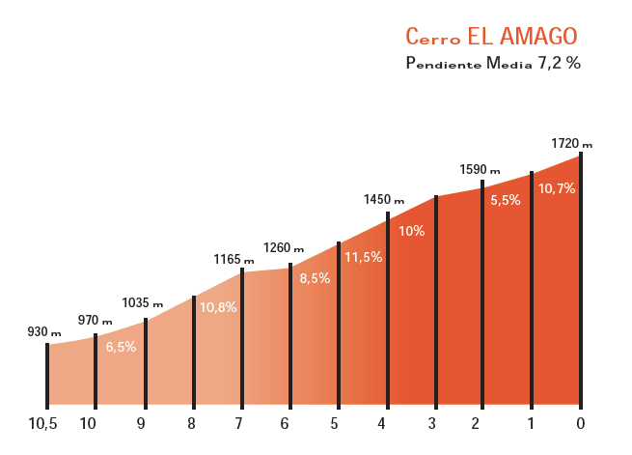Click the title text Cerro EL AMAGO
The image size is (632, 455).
click(x=491, y=37)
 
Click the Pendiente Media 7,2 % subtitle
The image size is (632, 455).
click(x=493, y=64)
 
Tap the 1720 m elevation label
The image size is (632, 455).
click(x=571, y=143)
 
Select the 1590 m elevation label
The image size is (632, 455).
click(x=481, y=169)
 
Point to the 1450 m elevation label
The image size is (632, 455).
click(x=383, y=200)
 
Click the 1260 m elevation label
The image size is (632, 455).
click(x=284, y=247)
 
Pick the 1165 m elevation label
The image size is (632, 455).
click(x=234, y=259)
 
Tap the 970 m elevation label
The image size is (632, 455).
click(x=95, y=320)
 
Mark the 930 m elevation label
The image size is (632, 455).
click(x=43, y=331)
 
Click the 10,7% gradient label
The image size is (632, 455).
click(x=557, y=188)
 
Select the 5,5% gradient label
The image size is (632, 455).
click(x=506, y=200)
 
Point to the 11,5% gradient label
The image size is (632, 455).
click(x=363, y=257)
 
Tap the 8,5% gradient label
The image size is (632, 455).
click(x=315, y=278)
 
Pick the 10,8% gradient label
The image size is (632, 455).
click(x=218, y=307)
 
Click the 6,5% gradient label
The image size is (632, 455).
click(x=121, y=347)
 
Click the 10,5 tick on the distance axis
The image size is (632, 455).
click(x=44, y=422)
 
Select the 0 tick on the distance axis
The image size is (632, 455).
click(x=580, y=422)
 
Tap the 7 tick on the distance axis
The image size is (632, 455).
click(x=238, y=422)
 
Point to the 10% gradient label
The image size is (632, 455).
click(x=411, y=231)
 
